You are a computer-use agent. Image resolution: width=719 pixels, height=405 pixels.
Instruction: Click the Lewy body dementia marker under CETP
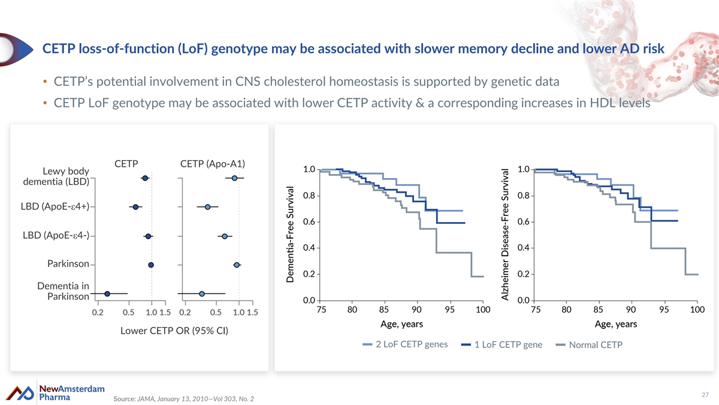145,178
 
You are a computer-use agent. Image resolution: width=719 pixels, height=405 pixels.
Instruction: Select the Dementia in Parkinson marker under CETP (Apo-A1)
202,293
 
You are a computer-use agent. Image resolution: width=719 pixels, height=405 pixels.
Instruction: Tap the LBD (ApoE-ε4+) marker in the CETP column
135,207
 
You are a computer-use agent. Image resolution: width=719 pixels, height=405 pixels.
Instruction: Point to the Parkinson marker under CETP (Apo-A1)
237,265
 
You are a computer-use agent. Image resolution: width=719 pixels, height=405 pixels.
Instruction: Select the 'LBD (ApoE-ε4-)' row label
55,235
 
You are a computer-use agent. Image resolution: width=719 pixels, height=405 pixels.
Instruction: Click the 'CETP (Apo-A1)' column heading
213,164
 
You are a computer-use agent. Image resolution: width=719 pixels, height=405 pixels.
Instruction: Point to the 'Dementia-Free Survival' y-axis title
290,233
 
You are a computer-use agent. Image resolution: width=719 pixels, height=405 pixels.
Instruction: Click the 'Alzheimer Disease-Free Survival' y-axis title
506,234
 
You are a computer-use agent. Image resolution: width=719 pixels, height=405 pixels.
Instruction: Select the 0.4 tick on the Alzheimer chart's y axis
522,248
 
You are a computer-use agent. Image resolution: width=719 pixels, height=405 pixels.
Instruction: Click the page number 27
705,394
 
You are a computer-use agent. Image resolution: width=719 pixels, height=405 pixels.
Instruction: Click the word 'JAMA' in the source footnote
146,399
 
